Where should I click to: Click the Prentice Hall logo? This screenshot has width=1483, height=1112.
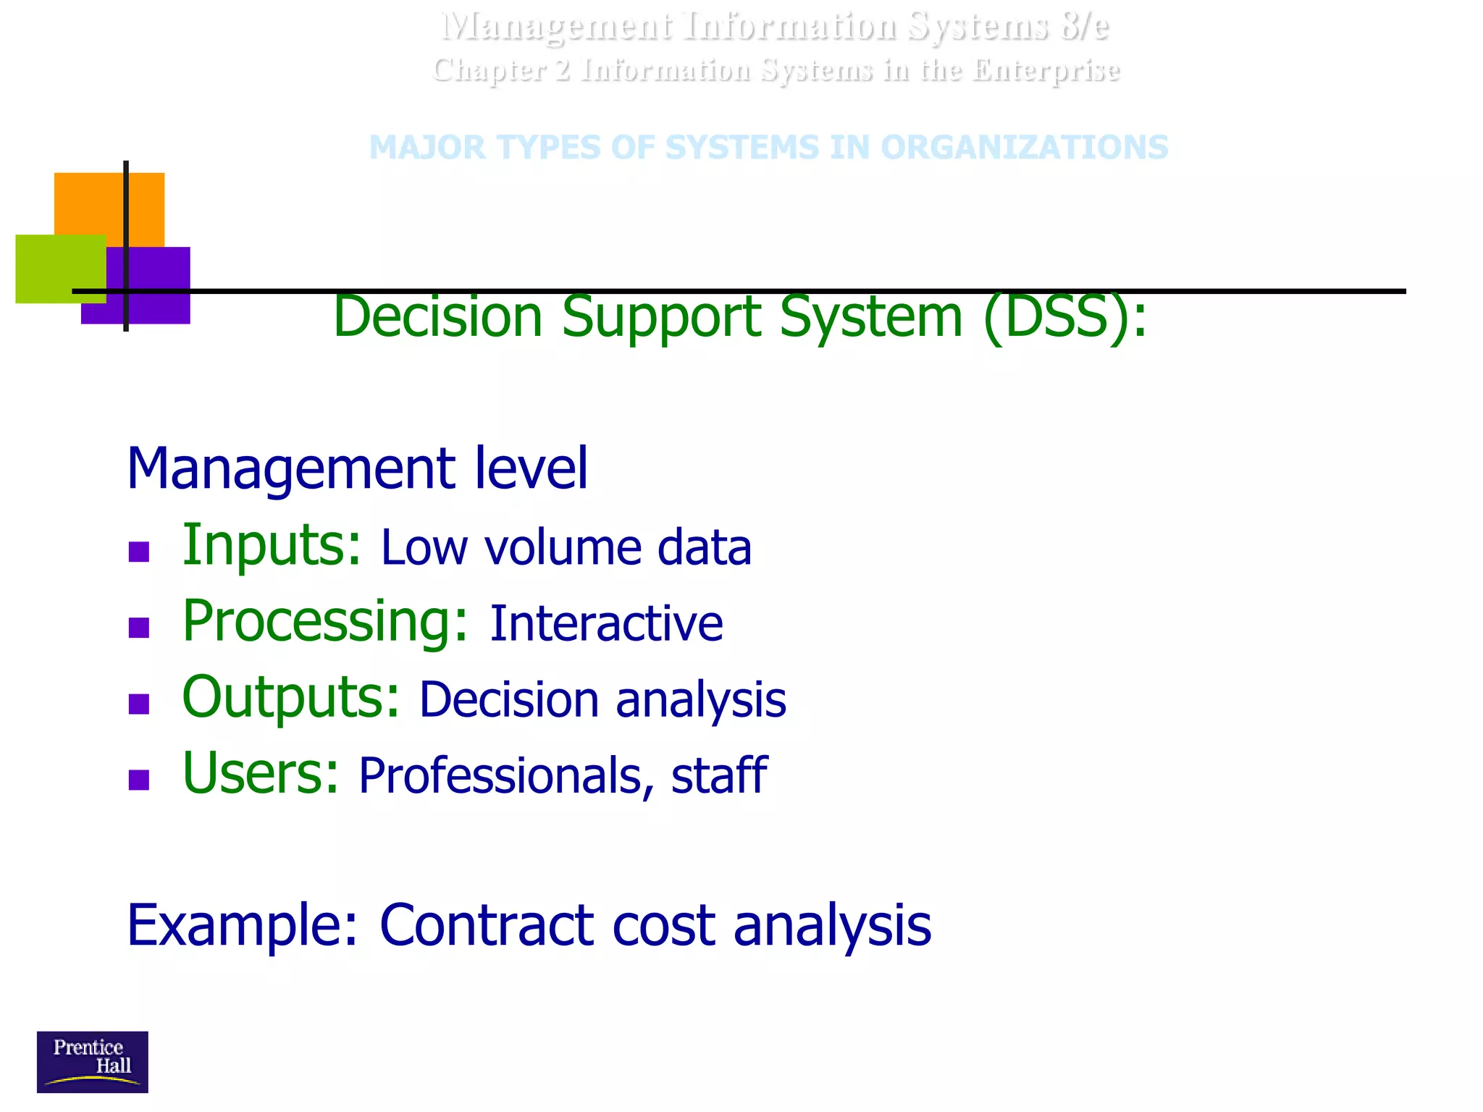[92, 1061]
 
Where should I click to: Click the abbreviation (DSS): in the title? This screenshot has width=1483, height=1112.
[1064, 317]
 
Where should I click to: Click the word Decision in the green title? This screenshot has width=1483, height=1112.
[437, 317]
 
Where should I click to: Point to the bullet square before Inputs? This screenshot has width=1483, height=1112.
[138, 552]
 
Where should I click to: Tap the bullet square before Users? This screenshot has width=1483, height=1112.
[138, 780]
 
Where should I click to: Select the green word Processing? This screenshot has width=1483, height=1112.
[325, 621]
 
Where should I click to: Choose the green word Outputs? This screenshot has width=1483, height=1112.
[290, 697]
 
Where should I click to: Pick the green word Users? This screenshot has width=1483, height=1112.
[261, 773]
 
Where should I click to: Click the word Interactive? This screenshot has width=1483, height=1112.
[606, 623]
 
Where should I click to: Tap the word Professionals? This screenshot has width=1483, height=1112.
[500, 775]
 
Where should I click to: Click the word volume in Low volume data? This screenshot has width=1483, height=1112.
[563, 547]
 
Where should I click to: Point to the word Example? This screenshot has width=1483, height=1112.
[243, 925]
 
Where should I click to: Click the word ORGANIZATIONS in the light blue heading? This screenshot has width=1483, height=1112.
[1024, 148]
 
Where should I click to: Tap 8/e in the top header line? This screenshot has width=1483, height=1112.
[1084, 27]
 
